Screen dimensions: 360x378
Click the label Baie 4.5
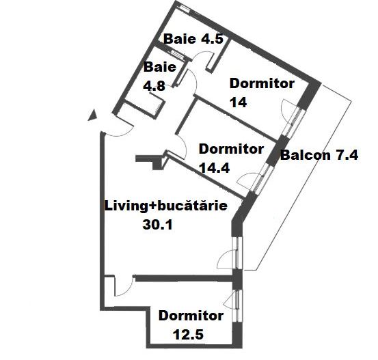pyautogui.click(x=193, y=39)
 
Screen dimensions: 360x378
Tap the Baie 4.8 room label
pyautogui.click(x=159, y=77)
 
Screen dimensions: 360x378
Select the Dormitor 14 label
pyautogui.click(x=262, y=93)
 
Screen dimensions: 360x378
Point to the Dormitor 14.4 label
pyautogui.click(x=231, y=157)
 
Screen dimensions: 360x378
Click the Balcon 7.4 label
pyautogui.click(x=319, y=154)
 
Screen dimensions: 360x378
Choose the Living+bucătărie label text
pyautogui.click(x=165, y=205)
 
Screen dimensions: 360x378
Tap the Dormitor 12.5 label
pyautogui.click(x=191, y=325)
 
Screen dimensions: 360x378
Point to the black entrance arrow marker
pyautogui.click(x=90, y=115)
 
